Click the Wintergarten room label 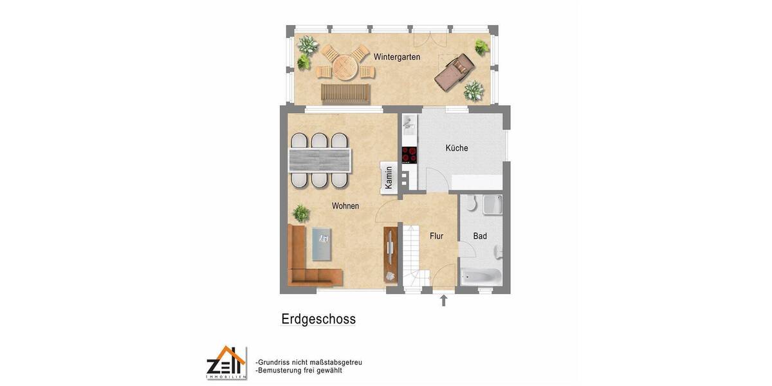397,57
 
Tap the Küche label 457,148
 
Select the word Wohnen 345,206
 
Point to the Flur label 436,236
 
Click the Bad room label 480,236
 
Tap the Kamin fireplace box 388,178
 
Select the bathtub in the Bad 481,276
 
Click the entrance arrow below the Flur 443,300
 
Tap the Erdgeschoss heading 318,319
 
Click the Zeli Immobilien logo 226,363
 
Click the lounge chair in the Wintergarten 454,71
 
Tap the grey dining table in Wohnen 320,159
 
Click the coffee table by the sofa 324,244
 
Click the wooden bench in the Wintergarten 345,94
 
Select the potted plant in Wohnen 300,212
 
